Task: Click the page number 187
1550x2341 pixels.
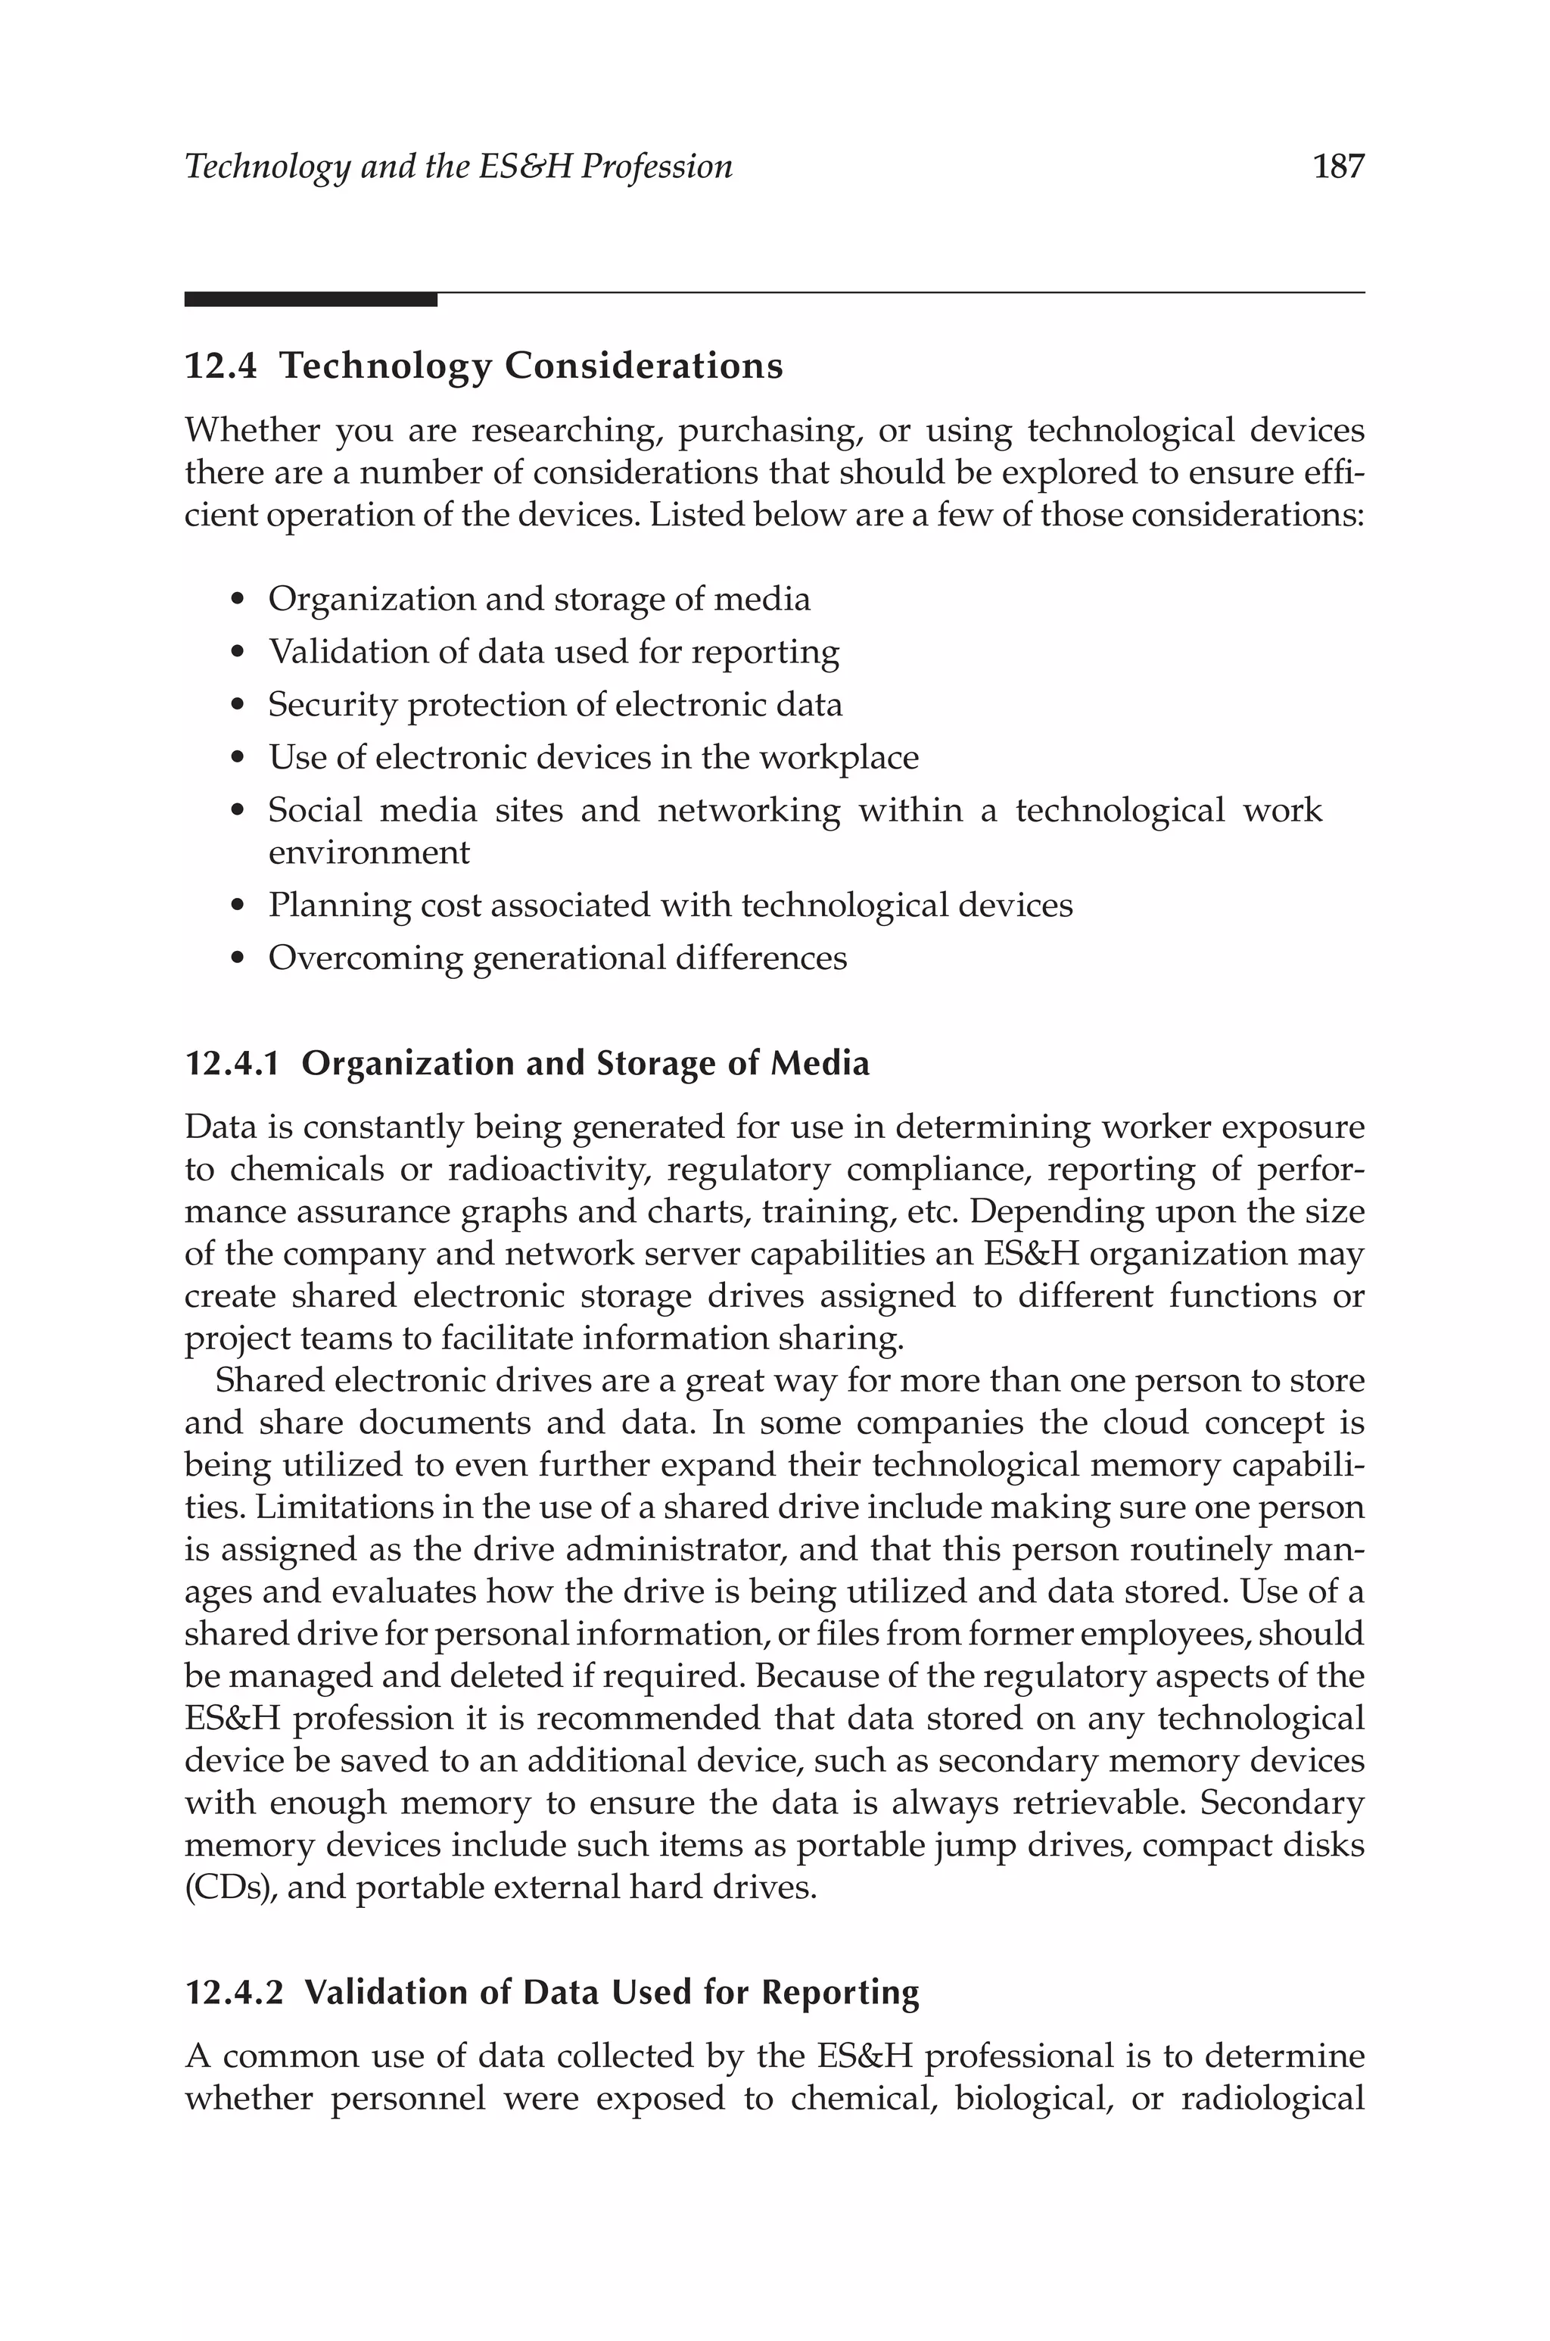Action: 1337,166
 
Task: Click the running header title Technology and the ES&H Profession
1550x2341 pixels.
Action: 459,166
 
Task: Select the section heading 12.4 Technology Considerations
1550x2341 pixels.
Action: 484,366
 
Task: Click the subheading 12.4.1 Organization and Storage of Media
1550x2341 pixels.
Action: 527,1064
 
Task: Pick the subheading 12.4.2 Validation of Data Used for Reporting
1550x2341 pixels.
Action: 552,1992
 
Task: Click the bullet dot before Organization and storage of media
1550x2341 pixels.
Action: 236,601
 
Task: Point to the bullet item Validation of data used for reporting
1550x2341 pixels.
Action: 553,653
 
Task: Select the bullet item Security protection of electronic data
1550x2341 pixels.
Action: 555,705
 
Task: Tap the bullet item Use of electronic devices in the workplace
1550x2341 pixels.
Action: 593,757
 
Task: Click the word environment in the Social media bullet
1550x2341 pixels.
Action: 369,853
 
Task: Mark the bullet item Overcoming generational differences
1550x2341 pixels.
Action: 558,958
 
